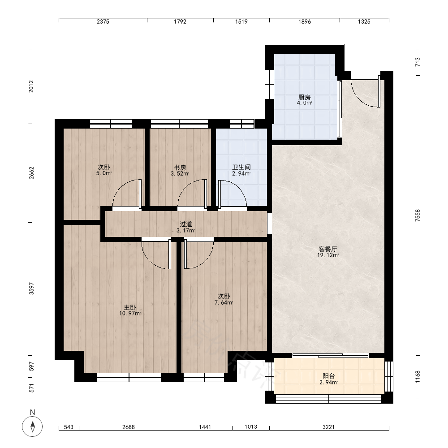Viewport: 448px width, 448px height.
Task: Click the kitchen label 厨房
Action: coord(304,97)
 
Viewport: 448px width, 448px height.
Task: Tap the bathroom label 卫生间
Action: coord(241,167)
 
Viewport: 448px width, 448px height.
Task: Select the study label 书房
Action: coord(180,168)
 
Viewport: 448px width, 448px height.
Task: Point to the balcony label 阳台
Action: coord(328,376)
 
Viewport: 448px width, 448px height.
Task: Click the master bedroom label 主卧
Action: coord(130,307)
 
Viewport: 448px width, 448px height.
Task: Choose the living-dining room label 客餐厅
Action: coord(328,249)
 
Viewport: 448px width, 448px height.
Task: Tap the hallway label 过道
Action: coord(186,224)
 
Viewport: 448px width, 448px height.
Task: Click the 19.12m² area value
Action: coord(328,255)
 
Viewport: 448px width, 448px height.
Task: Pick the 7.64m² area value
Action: coord(224,302)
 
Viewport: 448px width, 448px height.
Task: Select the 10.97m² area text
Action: coord(130,314)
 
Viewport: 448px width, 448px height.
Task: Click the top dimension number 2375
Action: coord(103,22)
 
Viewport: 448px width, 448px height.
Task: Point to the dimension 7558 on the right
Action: coord(418,215)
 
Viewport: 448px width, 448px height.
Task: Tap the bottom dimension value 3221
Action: coord(328,427)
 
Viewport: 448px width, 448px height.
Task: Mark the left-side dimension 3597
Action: coord(31,289)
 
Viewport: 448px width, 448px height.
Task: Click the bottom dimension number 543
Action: coord(69,427)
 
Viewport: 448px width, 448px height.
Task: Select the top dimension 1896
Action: coord(305,22)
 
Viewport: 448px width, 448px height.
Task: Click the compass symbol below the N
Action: coord(32,426)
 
